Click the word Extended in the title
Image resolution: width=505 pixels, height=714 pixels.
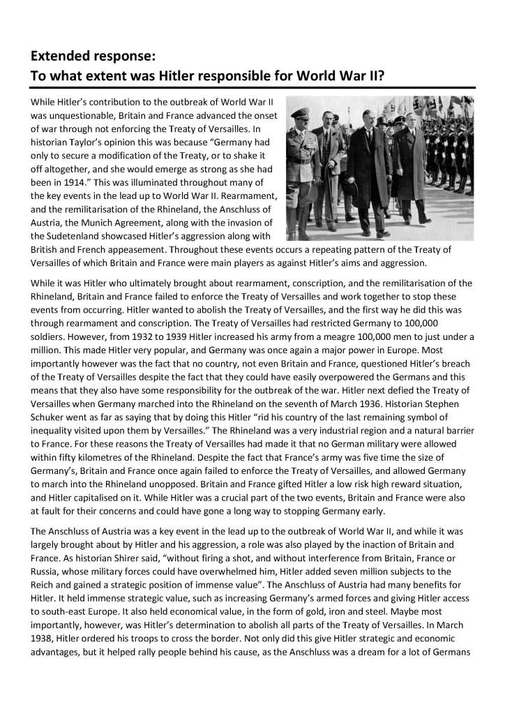[x=61, y=54]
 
